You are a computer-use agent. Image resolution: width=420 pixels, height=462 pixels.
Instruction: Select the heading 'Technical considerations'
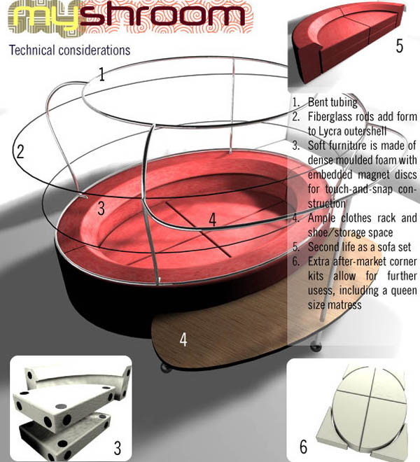point(69,50)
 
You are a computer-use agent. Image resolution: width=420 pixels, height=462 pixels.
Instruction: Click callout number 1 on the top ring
point(101,74)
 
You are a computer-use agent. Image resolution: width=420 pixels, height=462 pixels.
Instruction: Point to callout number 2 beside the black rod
point(20,152)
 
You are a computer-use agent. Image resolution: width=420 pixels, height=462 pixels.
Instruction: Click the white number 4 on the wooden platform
point(183,339)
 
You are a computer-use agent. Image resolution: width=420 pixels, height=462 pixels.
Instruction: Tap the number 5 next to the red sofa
point(400,45)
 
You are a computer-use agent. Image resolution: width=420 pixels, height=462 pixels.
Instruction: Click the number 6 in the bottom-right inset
point(303,447)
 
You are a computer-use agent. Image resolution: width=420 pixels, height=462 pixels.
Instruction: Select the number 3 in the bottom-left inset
point(118,448)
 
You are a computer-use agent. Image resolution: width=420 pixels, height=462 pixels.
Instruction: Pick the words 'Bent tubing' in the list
point(332,102)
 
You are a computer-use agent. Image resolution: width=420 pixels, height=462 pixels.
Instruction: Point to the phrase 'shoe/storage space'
point(350,233)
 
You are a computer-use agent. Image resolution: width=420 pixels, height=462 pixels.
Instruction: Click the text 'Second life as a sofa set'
point(359,247)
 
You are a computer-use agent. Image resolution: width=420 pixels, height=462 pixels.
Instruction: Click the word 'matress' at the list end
point(344,305)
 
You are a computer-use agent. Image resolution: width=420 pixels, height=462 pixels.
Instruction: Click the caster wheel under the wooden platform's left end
point(165,368)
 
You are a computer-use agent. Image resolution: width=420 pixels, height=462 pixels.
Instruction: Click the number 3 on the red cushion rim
point(101,209)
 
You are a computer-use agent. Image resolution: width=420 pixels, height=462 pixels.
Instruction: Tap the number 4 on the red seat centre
point(212,220)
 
